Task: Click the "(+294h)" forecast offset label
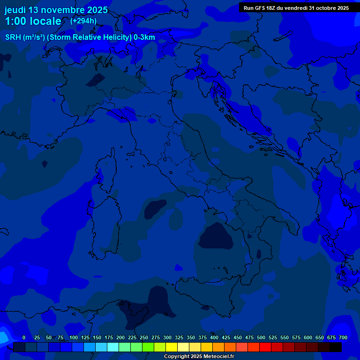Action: pos(83,21)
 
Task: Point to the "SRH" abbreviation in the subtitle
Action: pos(13,37)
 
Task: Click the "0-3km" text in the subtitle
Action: pos(144,37)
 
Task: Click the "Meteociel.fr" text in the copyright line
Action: pos(218,357)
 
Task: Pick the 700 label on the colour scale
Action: pos(343,337)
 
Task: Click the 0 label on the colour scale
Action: pos(24,337)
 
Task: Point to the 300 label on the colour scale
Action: pos(167,337)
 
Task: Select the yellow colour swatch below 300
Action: pos(172,347)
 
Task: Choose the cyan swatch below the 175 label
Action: pos(113,347)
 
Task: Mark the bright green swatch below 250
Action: pos(148,347)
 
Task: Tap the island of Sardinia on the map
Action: pos(104,227)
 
